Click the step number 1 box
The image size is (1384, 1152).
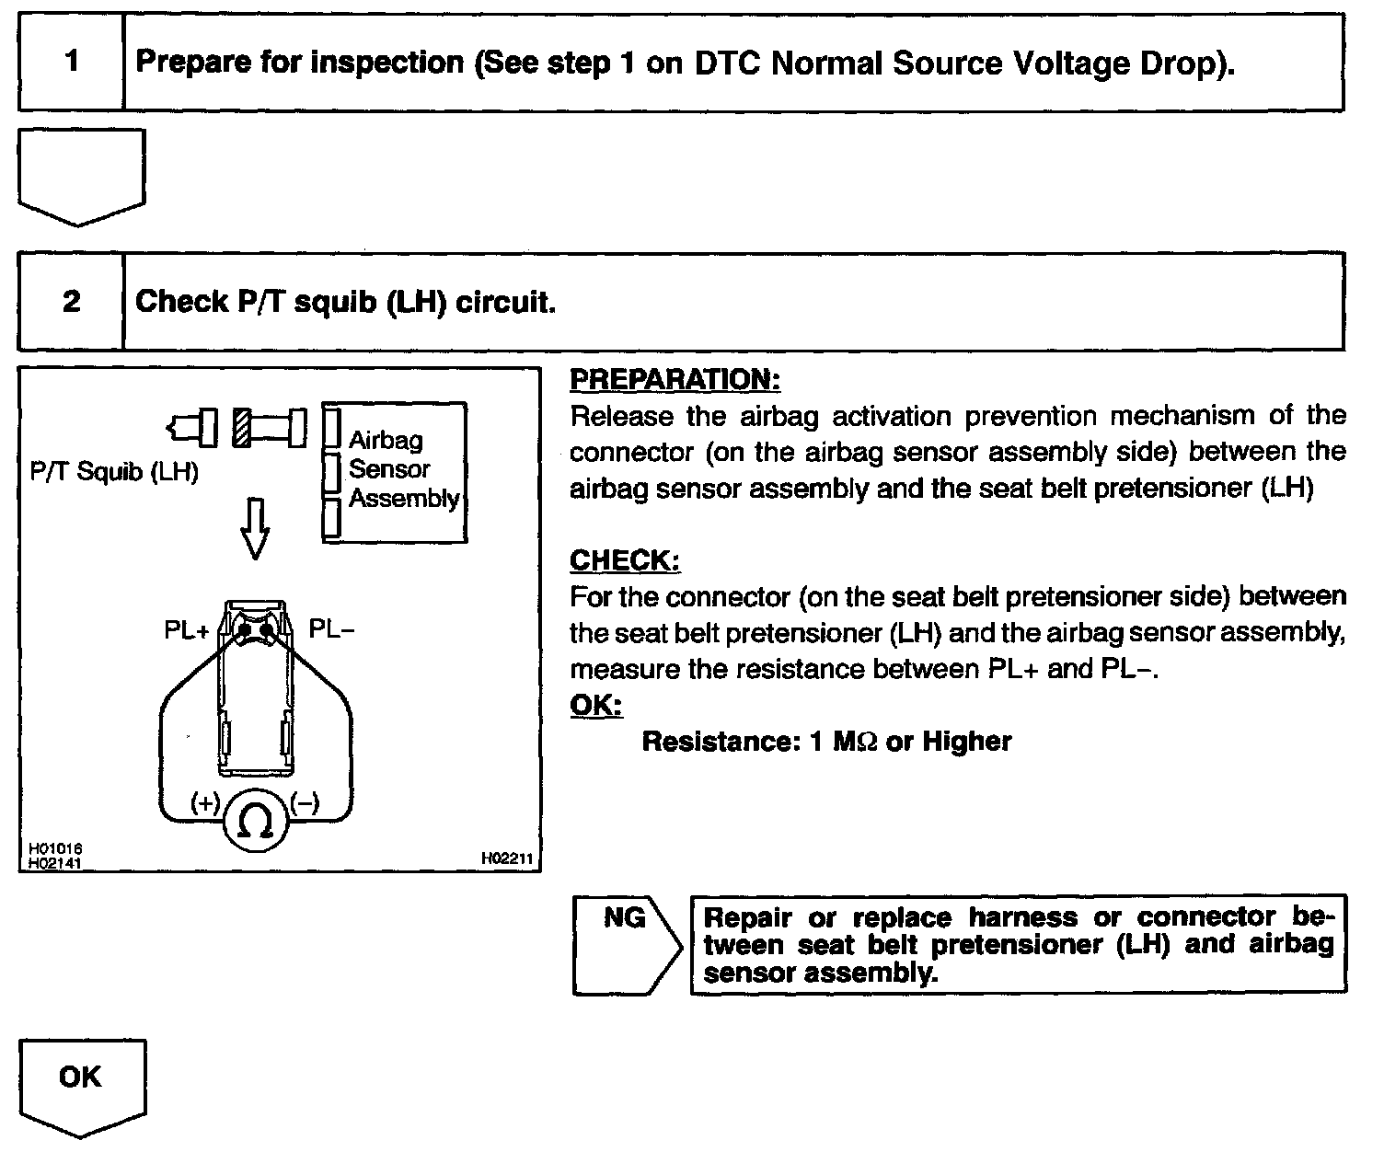(71, 63)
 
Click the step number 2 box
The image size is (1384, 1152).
(71, 302)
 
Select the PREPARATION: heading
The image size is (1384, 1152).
(675, 379)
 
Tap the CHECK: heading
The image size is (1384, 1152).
(625, 560)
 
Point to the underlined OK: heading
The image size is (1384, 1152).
(595, 706)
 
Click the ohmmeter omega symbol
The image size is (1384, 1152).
(257, 821)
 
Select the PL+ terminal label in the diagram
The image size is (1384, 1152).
(187, 630)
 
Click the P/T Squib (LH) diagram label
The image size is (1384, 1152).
(114, 473)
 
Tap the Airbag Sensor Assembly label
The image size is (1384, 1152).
(402, 469)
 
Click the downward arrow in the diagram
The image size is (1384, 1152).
(255, 528)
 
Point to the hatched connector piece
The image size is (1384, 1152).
(242, 428)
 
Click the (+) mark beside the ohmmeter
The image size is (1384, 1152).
(204, 802)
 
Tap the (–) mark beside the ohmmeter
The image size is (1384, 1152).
(305, 802)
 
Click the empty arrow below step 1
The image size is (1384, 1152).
(81, 175)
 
